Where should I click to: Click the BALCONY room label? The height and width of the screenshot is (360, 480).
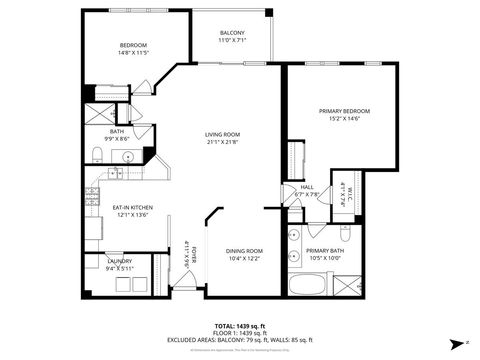coord(232,33)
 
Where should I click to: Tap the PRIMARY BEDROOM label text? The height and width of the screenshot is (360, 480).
coord(344,110)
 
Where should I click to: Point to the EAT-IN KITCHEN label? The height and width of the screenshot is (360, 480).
coord(131,207)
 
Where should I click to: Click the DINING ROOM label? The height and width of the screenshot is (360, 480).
coord(243,251)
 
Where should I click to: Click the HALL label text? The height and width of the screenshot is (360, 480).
coord(308,187)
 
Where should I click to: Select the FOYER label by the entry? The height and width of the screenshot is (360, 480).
coord(188,252)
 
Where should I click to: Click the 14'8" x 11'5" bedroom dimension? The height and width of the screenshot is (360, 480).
coord(135,51)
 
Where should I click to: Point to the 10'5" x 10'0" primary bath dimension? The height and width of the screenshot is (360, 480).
coord(325,257)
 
